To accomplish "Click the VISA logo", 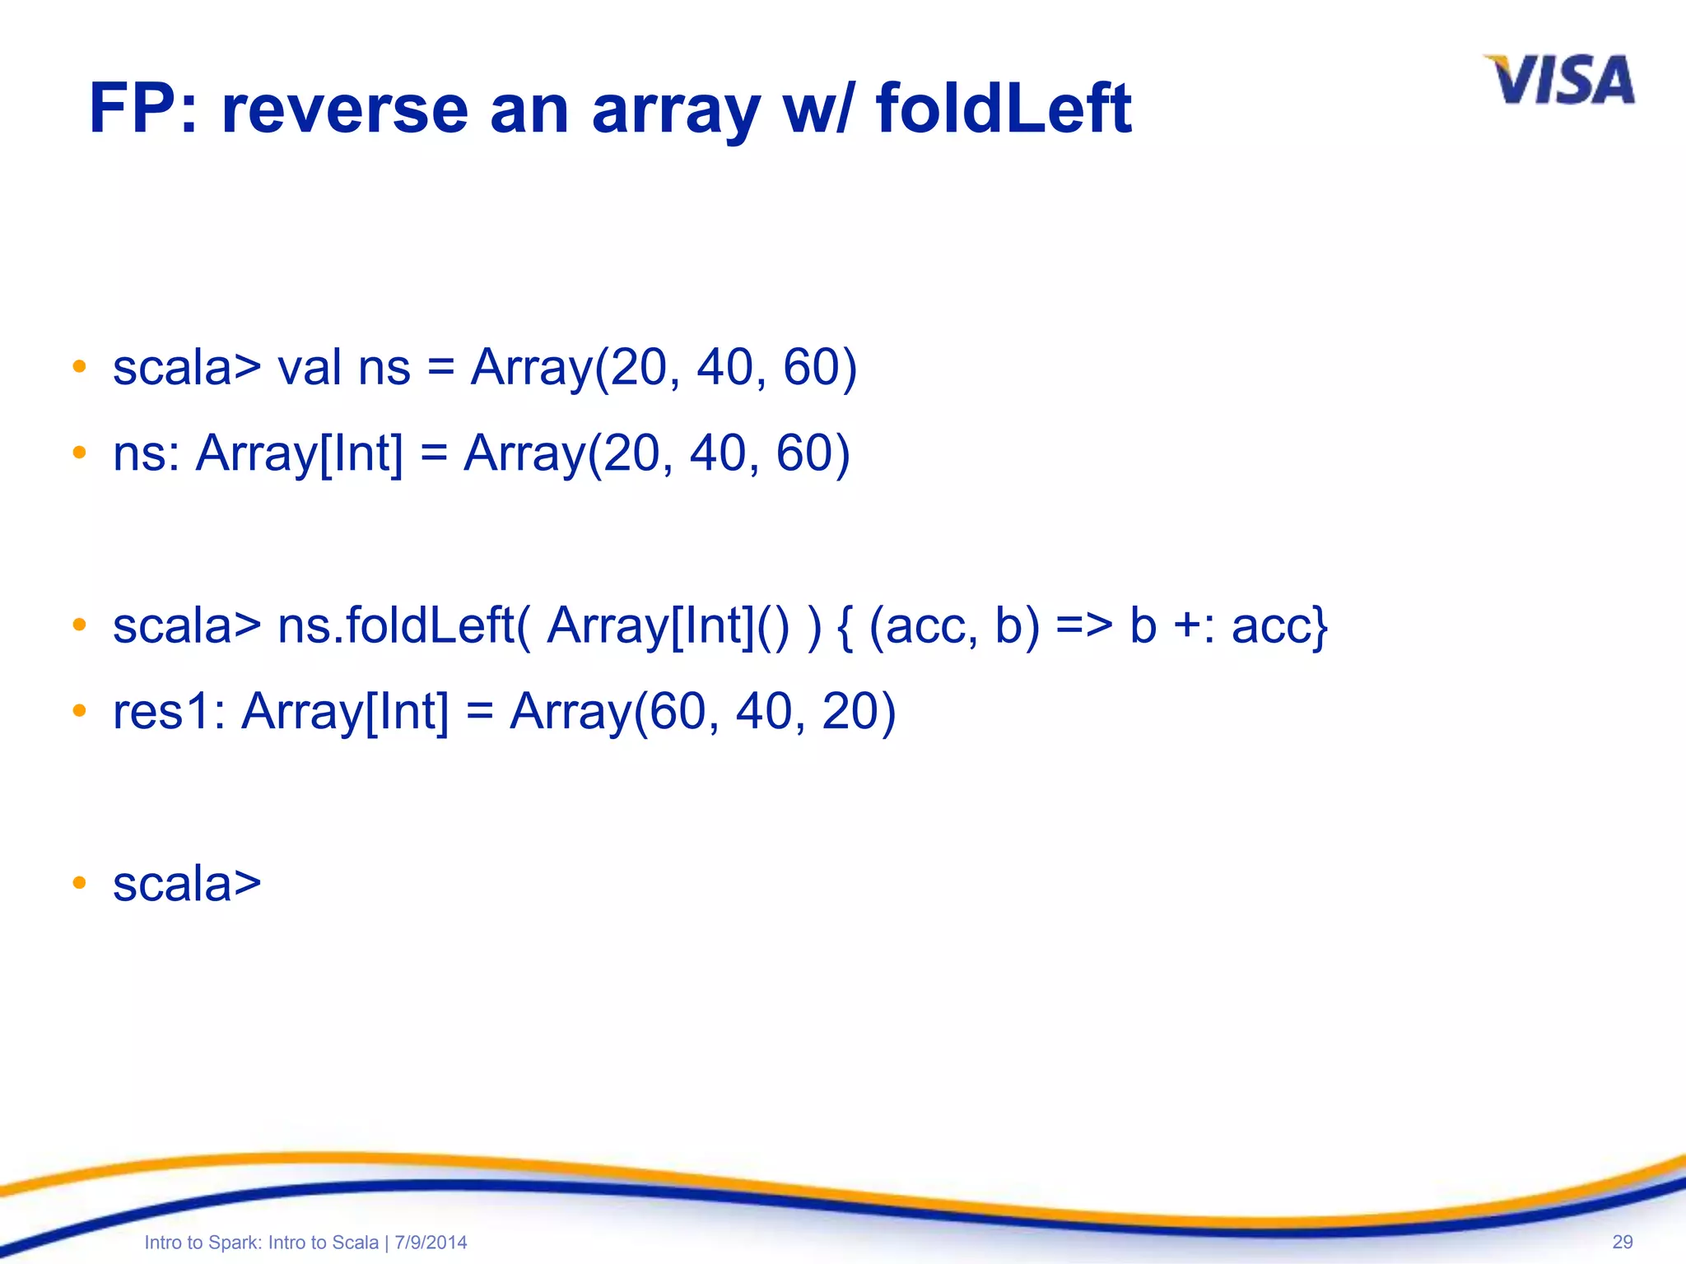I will click(x=1560, y=81).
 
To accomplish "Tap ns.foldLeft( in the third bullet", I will click(x=403, y=625).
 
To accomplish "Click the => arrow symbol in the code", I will click(x=1083, y=625).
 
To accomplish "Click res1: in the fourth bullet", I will click(x=169, y=711).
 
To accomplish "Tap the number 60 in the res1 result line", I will click(x=677, y=711).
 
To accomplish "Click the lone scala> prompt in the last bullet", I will click(x=187, y=885).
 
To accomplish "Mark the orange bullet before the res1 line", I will click(x=79, y=709).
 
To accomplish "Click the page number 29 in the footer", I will click(x=1622, y=1242).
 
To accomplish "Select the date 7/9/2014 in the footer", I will click(x=431, y=1243).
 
